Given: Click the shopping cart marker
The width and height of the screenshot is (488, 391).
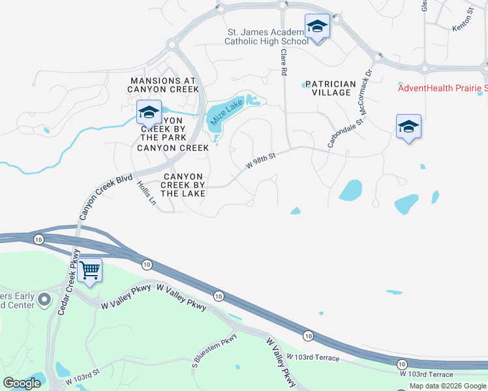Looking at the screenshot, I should pos(89,270).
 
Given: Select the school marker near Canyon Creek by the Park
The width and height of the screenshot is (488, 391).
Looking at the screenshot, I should pos(149,113).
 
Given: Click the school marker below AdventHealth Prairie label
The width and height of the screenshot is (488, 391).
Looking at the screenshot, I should pos(408,127).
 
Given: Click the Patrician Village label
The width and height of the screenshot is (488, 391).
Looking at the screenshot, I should pos(330,88).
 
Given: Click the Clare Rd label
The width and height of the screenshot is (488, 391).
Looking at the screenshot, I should pos(284,63).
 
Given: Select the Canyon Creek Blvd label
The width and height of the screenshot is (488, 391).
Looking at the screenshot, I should pos(106,197).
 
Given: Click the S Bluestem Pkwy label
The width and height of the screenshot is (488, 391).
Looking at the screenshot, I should pos(215,350).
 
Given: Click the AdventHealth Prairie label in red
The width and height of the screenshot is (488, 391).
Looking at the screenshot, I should pos(442,88).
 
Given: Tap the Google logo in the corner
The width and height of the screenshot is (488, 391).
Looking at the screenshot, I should pos(22,383).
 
